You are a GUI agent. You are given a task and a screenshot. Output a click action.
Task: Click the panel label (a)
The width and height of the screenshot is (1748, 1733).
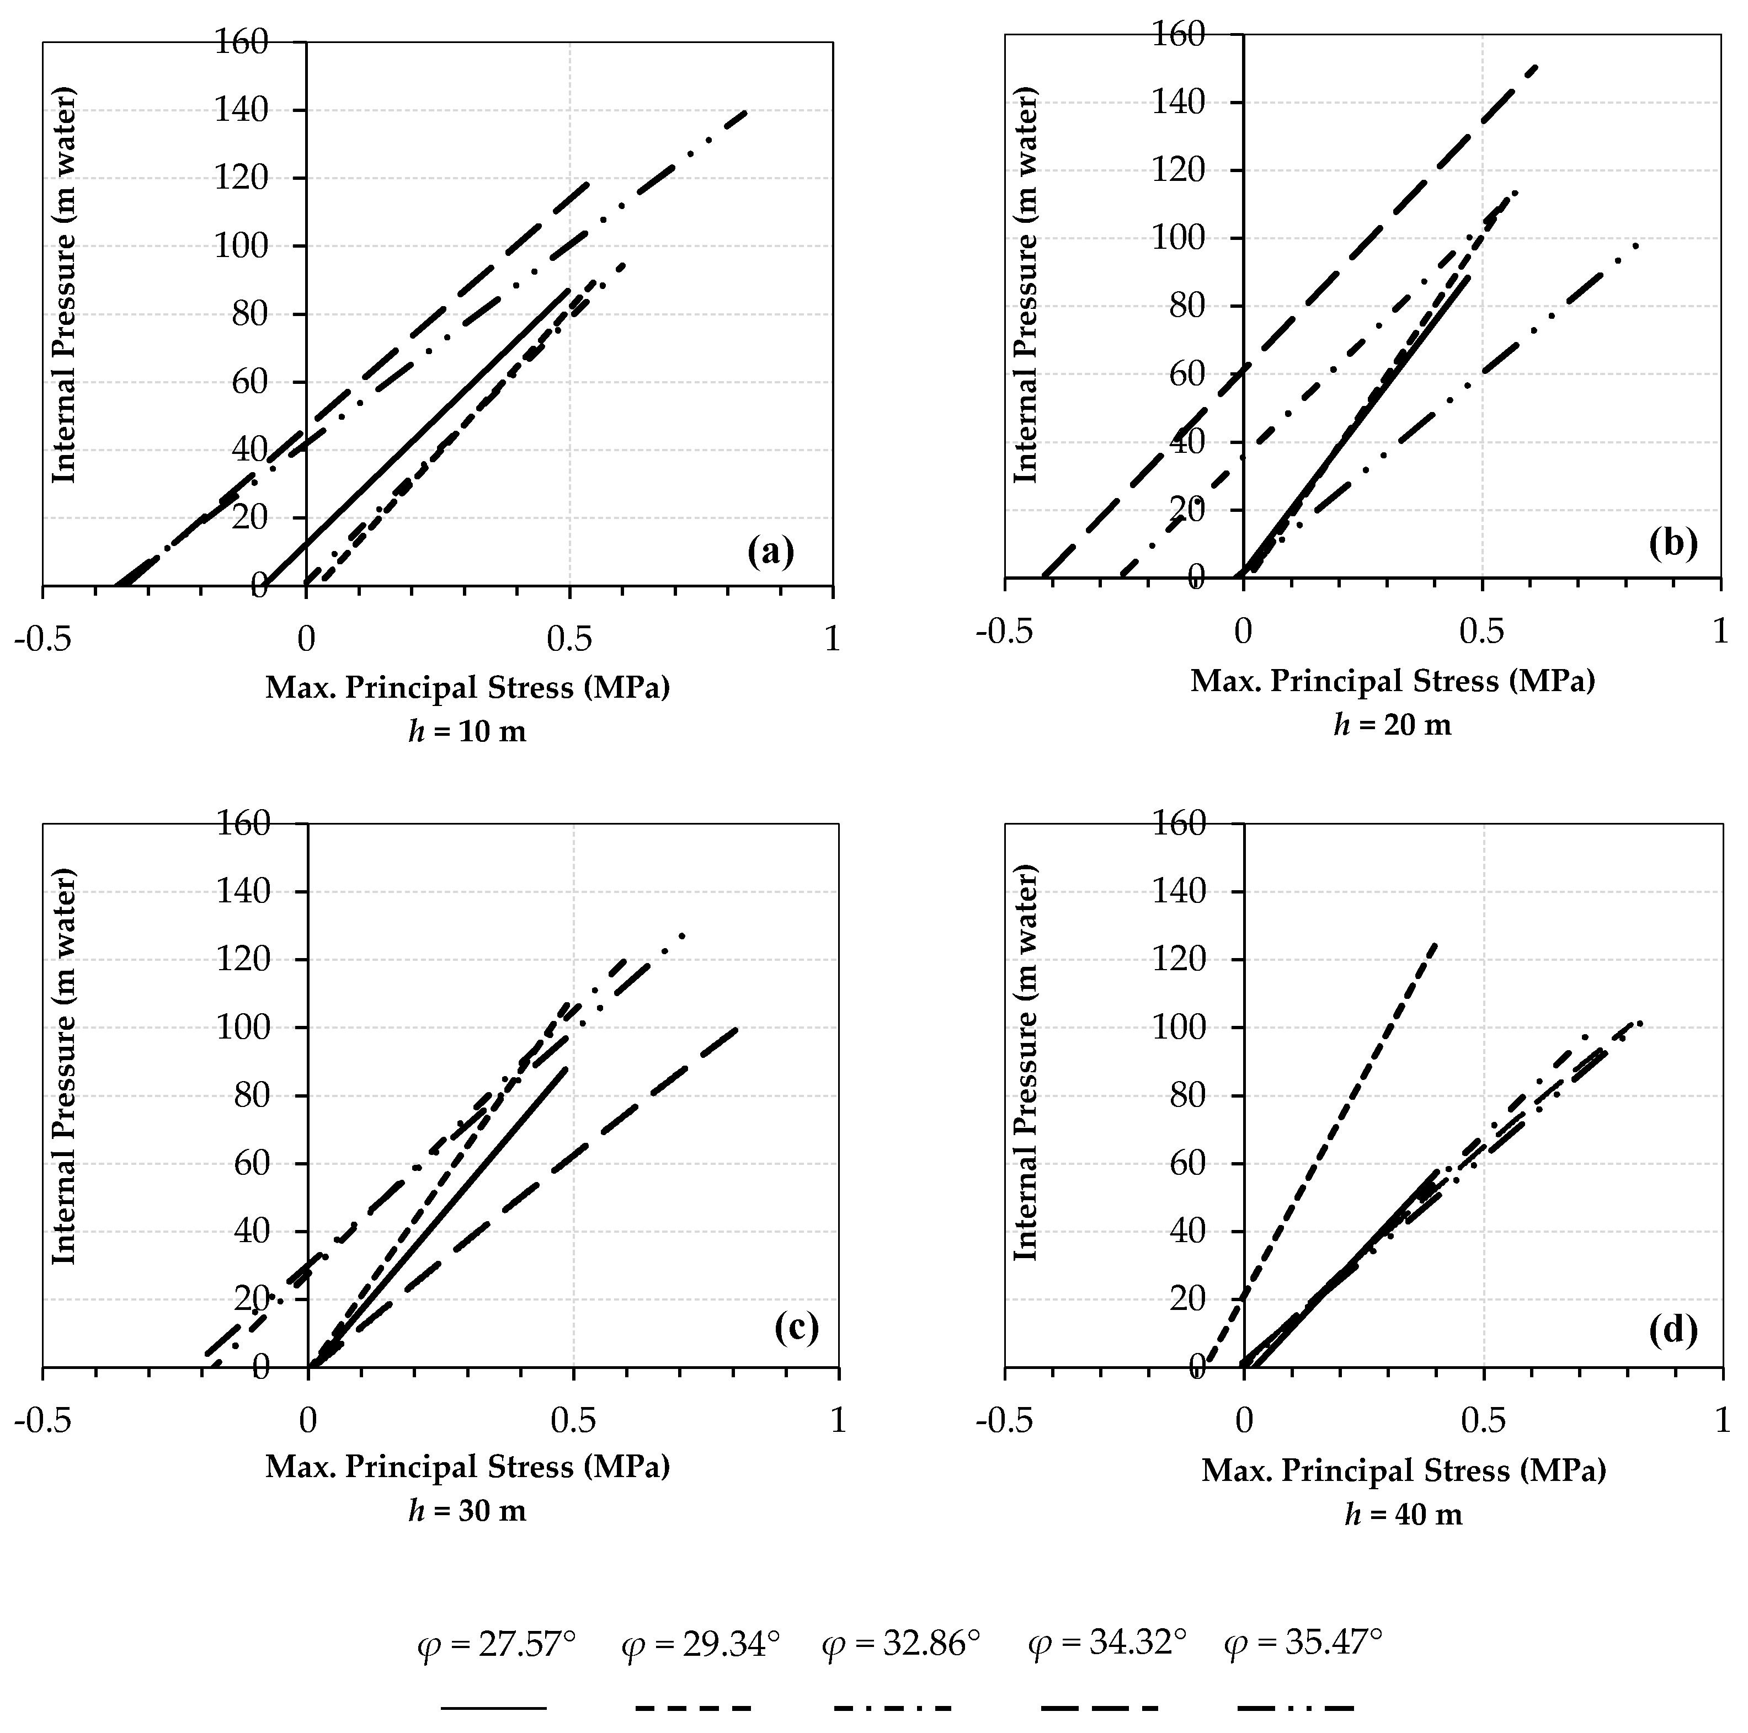coord(771,551)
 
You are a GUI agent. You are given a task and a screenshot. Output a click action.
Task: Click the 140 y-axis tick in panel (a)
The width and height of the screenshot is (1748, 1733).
coord(242,110)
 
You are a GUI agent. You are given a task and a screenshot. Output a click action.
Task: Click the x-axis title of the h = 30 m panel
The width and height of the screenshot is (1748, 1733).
coord(467,1466)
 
